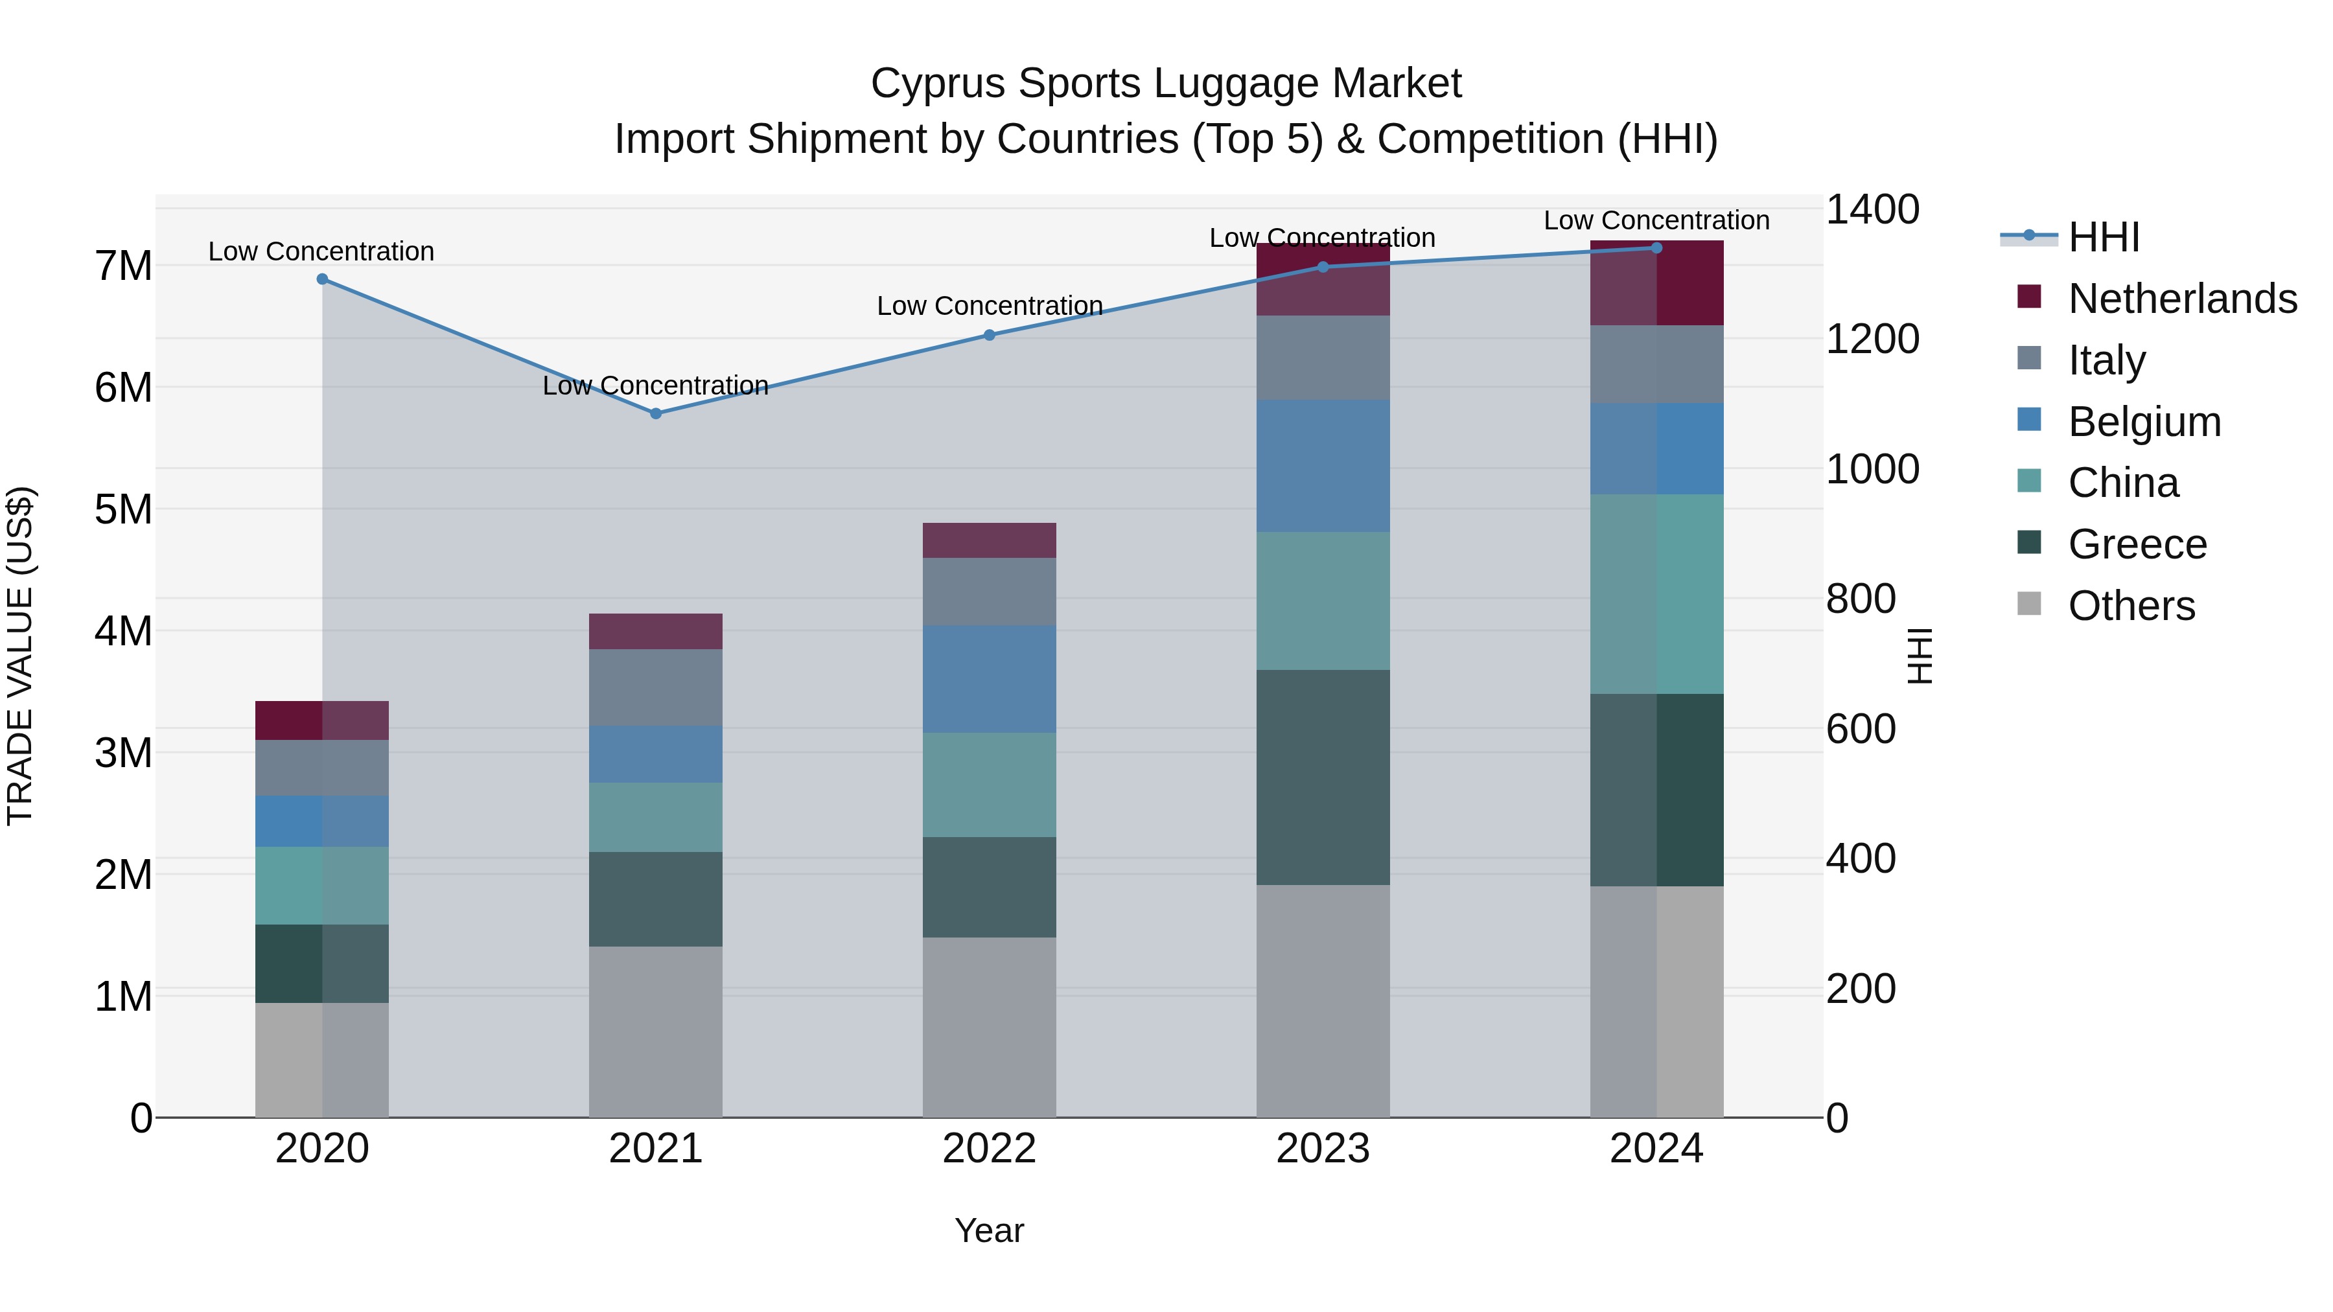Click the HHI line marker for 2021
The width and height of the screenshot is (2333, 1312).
coord(656,414)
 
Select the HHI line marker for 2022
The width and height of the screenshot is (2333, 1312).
coord(989,335)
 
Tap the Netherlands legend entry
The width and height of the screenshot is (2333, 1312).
coord(2181,299)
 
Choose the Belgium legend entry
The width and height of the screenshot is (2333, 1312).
coord(2143,422)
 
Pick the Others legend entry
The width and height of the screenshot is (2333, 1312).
coord(2130,606)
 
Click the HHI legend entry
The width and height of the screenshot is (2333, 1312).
coord(2103,237)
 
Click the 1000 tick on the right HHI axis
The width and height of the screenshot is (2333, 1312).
coord(1871,469)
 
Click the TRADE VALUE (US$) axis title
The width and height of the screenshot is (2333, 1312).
coord(20,656)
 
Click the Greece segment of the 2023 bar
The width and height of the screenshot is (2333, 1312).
coord(1322,777)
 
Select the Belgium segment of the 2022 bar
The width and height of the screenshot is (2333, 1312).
coord(989,679)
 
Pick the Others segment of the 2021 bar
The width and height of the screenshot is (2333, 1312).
coord(656,1032)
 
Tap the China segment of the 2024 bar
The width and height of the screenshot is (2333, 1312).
coord(1656,594)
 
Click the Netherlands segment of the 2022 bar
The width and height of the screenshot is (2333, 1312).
coord(989,540)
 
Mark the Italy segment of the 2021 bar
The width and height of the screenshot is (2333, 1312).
coord(656,687)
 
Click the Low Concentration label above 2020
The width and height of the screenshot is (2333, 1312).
coord(321,252)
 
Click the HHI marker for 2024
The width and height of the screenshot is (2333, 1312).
coord(1656,248)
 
